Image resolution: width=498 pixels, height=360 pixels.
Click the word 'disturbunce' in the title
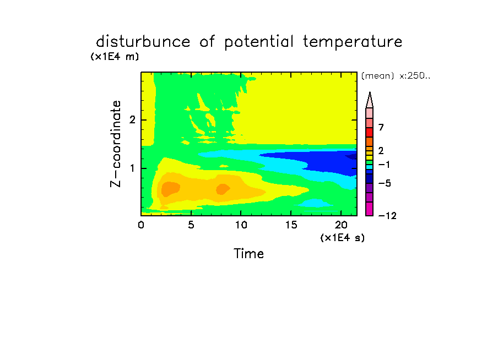(x=143, y=42)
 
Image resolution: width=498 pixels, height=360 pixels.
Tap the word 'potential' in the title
(x=259, y=42)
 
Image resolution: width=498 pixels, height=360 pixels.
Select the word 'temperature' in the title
(x=353, y=42)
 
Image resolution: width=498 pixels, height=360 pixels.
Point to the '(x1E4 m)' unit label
(x=115, y=57)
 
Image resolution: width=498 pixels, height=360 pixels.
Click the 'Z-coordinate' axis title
(x=116, y=144)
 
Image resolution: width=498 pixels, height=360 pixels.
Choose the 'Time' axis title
(x=248, y=254)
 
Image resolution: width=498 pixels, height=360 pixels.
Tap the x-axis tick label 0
(x=141, y=225)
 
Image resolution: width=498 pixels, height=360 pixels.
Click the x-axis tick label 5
(x=191, y=225)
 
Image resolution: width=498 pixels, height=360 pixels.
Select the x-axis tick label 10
(x=241, y=225)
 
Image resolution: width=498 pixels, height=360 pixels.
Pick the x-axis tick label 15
(x=291, y=225)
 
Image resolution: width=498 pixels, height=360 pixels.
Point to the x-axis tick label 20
(x=341, y=225)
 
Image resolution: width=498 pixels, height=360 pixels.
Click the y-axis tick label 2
(x=132, y=120)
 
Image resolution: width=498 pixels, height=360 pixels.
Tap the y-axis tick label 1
(x=132, y=168)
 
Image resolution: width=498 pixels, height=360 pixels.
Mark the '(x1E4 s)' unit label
(x=343, y=238)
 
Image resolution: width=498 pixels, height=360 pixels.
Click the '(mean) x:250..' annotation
(x=396, y=76)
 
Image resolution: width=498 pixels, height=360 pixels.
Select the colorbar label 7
(x=381, y=128)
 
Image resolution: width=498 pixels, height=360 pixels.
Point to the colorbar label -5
(x=385, y=183)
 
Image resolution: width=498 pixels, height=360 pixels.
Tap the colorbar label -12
(x=387, y=216)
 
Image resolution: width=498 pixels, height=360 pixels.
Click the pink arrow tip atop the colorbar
(x=370, y=92)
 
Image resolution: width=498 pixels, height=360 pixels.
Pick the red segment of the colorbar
(x=370, y=132)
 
